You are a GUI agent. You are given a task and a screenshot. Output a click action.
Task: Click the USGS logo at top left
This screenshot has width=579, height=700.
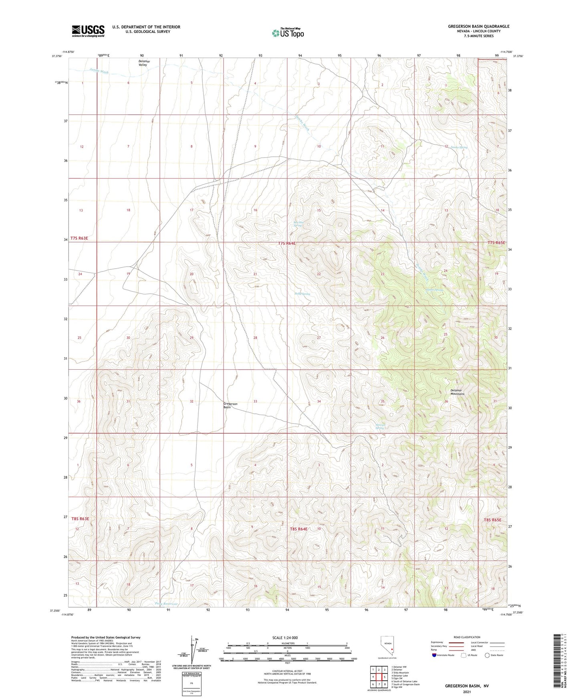coord(88,31)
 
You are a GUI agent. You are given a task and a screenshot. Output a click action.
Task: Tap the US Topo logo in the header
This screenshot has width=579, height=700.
coord(287,33)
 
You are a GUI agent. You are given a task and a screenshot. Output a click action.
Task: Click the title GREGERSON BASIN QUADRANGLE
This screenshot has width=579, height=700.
coord(478,26)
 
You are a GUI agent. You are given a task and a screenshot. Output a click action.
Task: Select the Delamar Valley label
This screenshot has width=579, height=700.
coord(143,63)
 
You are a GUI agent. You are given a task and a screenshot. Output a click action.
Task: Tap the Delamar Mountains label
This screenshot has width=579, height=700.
coord(456,392)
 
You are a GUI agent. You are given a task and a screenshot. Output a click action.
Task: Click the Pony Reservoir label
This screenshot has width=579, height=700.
coord(166,604)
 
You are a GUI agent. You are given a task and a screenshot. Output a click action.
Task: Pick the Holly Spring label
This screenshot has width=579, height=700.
coord(302,294)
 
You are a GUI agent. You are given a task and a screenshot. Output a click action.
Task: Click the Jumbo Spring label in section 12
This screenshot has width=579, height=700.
coord(459,147)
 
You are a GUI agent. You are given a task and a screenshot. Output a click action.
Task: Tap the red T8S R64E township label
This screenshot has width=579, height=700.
coord(299,529)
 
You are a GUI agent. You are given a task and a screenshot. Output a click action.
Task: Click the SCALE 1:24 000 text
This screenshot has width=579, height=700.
coord(287,637)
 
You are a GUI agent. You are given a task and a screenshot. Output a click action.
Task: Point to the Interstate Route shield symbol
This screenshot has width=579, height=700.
coord(435,655)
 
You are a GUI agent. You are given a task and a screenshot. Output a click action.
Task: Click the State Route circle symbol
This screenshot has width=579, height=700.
coord(487,655)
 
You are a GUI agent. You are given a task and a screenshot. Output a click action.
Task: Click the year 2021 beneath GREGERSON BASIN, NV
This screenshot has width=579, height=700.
coord(466,692)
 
